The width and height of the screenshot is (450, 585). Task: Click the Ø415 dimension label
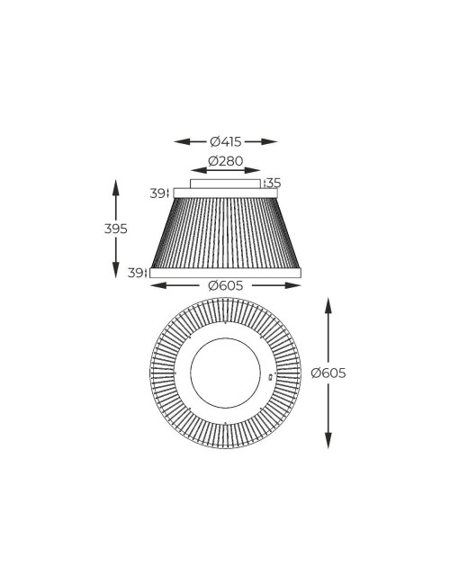pyautogui.click(x=225, y=141)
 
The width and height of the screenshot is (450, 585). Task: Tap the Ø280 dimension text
pyautogui.click(x=225, y=161)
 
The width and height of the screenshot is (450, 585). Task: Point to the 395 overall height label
pyautogui.click(x=115, y=229)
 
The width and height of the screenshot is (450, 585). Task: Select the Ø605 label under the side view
pyautogui.click(x=225, y=285)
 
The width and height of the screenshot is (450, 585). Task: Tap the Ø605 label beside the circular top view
pyautogui.click(x=328, y=373)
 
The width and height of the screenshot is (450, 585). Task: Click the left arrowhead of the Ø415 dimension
pyautogui.click(x=178, y=141)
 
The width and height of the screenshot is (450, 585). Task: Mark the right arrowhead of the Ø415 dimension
pyautogui.click(x=273, y=141)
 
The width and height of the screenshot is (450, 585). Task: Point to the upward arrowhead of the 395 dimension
pyautogui.click(x=115, y=184)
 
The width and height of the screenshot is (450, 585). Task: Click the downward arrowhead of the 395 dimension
pyautogui.click(x=115, y=272)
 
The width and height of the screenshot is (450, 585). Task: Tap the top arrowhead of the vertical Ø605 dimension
pyautogui.click(x=328, y=302)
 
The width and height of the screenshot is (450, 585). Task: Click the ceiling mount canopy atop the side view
pyautogui.click(x=225, y=183)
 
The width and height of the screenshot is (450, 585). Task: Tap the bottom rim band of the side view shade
pyautogui.click(x=225, y=273)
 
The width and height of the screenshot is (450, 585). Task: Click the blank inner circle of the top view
pyautogui.click(x=225, y=373)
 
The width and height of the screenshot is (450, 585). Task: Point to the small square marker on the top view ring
pyautogui.click(x=271, y=374)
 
